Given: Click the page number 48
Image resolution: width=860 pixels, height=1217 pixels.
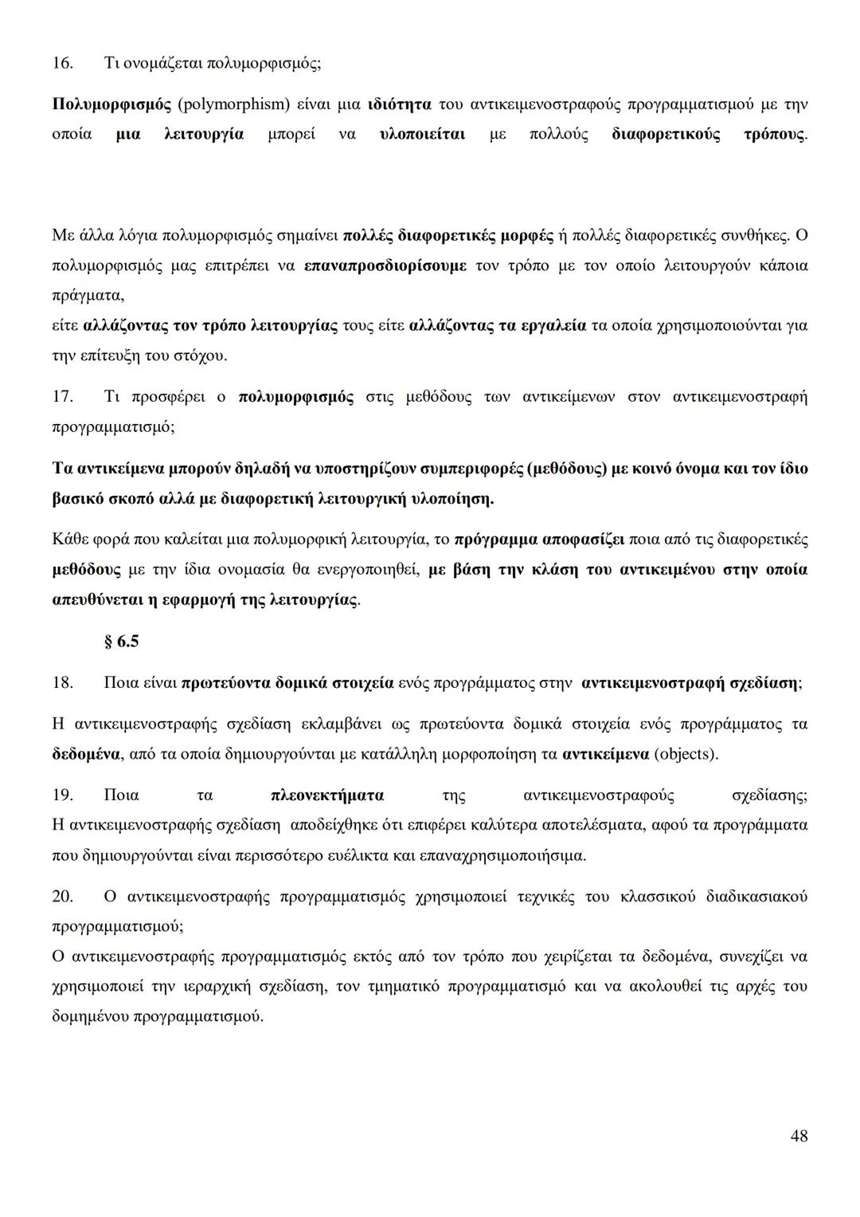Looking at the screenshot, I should (x=799, y=1136).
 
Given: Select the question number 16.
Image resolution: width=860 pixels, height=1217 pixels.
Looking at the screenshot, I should (x=62, y=63).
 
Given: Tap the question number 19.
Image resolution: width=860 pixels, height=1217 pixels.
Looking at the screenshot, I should (x=62, y=795).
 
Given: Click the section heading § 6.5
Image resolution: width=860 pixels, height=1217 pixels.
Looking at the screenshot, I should (x=121, y=641).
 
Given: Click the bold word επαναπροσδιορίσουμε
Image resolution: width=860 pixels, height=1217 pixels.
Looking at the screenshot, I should (x=385, y=266).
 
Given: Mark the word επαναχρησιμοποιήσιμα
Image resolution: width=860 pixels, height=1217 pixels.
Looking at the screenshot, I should (x=515, y=856).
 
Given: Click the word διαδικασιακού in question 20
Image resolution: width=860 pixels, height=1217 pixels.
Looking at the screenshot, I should (x=756, y=897).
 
